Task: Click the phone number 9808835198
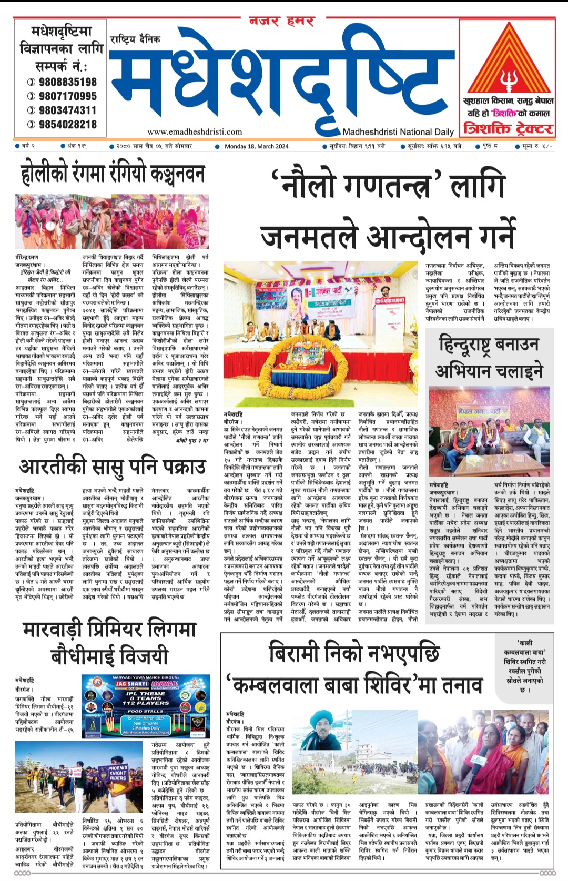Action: (67, 82)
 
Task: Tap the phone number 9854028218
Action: (67, 125)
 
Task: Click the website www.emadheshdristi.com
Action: (195, 132)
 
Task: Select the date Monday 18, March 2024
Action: (256, 146)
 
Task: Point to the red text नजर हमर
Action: (282, 22)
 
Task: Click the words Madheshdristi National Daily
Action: (398, 132)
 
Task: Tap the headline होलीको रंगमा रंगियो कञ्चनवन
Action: (112, 174)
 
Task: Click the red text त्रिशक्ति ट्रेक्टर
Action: (508, 128)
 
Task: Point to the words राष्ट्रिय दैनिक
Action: (135, 39)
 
